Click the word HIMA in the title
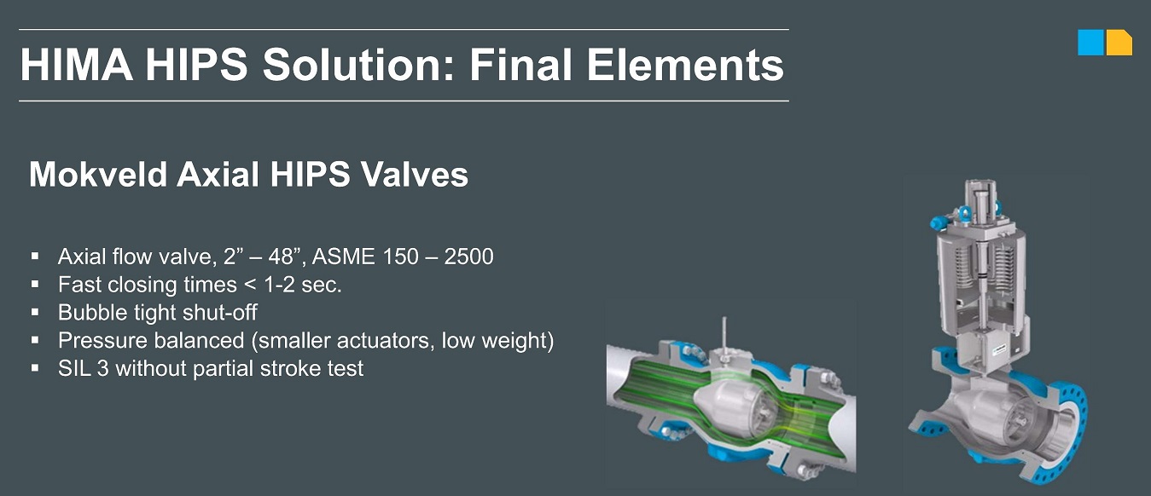point(77,66)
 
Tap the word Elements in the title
point(685,66)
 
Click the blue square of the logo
point(1090,42)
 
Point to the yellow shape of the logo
point(1119,43)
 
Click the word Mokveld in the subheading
point(98,175)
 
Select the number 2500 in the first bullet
point(468,257)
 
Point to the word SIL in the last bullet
point(73,369)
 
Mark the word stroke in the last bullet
point(298,369)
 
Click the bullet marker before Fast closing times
point(35,284)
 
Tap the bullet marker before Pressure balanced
point(35,340)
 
